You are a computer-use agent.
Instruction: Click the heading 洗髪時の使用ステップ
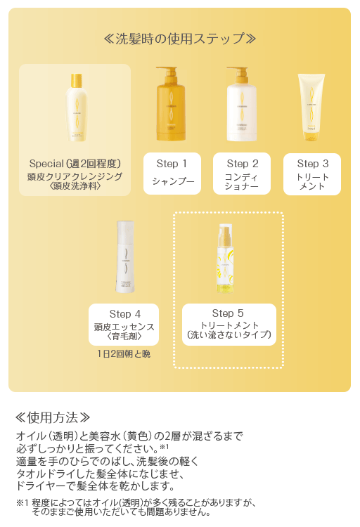point(179,39)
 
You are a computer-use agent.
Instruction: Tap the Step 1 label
point(172,164)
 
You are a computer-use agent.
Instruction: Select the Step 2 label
point(242,164)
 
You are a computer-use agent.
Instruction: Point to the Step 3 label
point(312,164)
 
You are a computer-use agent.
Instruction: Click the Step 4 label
point(124,313)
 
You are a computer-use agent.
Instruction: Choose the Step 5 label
point(228,313)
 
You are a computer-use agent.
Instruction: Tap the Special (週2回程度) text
point(75,164)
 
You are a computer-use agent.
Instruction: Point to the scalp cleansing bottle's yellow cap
point(75,82)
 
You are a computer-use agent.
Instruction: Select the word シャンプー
point(172,181)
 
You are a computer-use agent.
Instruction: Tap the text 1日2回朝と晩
point(124,353)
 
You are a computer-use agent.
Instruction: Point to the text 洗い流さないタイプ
point(229,334)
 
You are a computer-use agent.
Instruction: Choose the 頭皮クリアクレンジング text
point(75,176)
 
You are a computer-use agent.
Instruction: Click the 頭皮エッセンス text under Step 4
point(124,327)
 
